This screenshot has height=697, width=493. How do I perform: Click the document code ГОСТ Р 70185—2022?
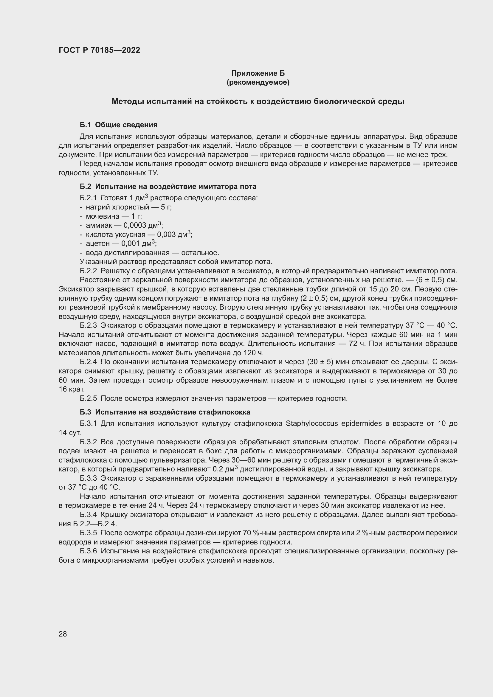[x=99, y=50]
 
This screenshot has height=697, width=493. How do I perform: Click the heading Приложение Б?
[x=258, y=73]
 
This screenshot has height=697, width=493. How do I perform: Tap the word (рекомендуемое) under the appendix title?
[x=258, y=82]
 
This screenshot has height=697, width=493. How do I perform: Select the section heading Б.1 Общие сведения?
[x=118, y=125]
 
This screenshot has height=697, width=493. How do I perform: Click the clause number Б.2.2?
[x=88, y=271]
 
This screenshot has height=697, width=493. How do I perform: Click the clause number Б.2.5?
[x=88, y=399]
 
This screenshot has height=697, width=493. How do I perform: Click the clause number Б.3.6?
[x=88, y=551]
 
